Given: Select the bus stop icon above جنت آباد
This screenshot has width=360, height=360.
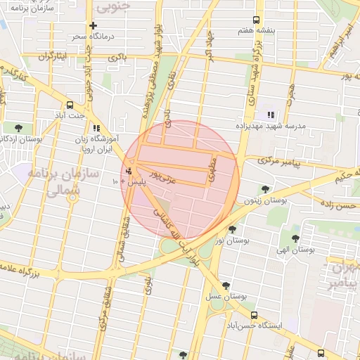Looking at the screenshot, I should pos(70,103).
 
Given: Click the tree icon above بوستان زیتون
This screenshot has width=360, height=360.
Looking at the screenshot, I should pos(265,188).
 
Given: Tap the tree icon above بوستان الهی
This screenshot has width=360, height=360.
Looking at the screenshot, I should pos(295,238).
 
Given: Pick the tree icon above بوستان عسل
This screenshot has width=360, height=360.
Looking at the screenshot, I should pos(225,285).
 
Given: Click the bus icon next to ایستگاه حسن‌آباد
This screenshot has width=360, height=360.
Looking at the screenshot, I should pos(254,316).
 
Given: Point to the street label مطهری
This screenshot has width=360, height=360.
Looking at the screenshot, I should pos(214,166).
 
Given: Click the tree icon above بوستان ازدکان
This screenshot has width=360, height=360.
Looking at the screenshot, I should pos(18,127).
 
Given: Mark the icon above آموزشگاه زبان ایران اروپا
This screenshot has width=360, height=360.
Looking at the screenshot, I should pos(96,128).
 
